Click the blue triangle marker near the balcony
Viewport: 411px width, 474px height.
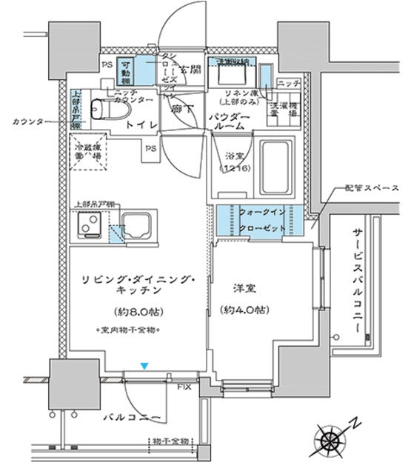point(145,365)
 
